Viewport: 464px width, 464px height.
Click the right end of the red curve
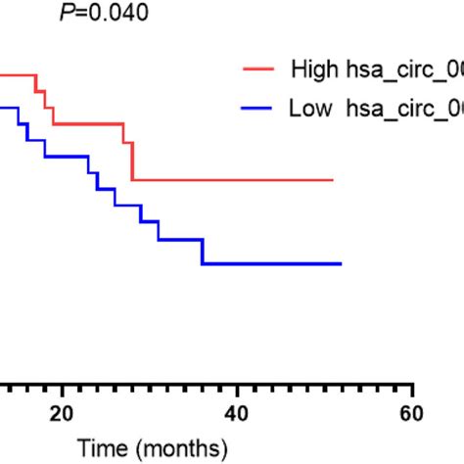tap(334, 180)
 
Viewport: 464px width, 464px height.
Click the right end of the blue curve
tap(341, 263)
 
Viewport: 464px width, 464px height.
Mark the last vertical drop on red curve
tap(132, 162)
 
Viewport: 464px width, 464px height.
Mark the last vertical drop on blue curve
tap(203, 252)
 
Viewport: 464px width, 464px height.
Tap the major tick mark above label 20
tap(62, 389)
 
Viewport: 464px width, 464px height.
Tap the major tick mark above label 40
tap(237, 389)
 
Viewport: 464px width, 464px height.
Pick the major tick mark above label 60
tap(412, 389)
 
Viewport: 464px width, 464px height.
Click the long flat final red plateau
tap(235, 180)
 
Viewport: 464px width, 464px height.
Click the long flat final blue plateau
tap(274, 263)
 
